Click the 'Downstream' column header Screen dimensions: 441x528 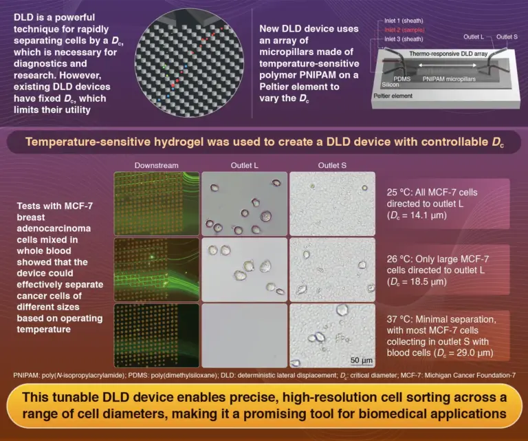(x=156, y=166)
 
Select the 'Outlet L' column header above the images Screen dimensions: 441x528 (x=243, y=166)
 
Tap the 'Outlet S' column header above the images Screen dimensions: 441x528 (x=332, y=166)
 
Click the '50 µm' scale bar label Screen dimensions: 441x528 (x=361, y=359)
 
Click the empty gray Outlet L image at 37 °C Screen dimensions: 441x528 (x=243, y=335)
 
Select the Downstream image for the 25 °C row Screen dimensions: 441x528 (x=156, y=202)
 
